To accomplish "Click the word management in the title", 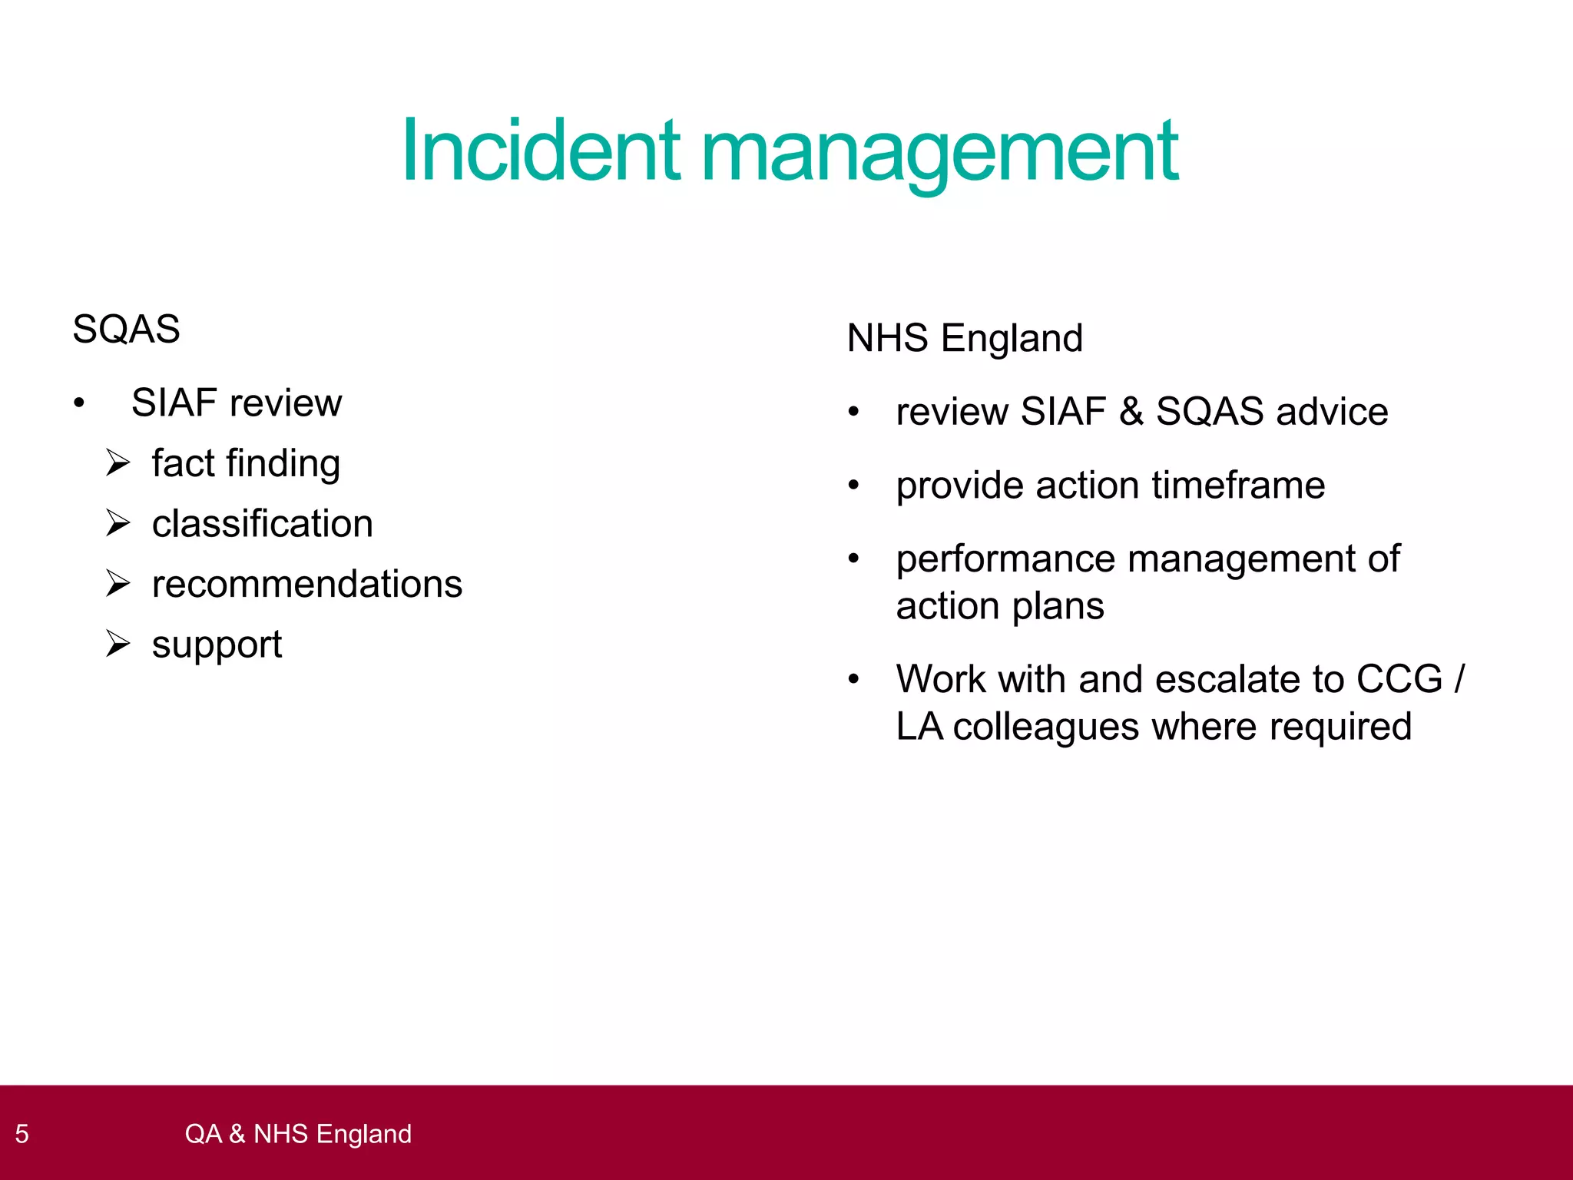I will point(939,152).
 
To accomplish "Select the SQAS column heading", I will point(126,330).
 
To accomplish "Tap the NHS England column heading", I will point(965,338).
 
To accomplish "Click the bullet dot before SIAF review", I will point(78,403).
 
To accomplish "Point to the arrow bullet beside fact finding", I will point(118,463).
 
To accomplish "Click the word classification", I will point(263,524).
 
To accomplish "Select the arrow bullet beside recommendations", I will point(118,584).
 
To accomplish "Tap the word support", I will point(217,645).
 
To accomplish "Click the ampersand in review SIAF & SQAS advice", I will point(1131,412).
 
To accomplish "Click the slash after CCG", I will point(1459,679).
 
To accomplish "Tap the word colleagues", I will point(1046,727).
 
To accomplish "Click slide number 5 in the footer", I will point(22,1134).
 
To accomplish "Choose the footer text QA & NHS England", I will point(298,1134).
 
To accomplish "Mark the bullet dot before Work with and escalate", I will point(853,680).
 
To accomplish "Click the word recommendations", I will point(307,585).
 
